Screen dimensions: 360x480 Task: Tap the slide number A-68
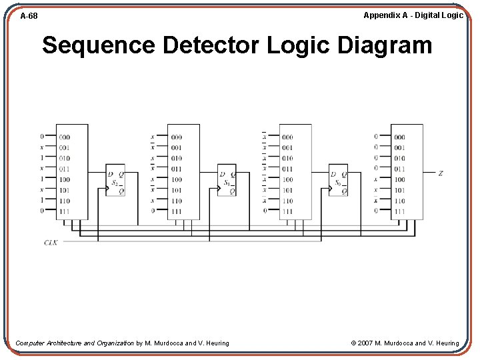(x=29, y=15)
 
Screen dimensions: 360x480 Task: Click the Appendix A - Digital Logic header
(x=413, y=15)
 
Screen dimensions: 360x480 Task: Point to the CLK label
(x=51, y=242)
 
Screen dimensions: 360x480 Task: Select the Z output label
(x=441, y=173)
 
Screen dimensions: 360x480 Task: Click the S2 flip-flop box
(x=115, y=180)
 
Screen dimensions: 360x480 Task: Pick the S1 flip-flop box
(x=227, y=180)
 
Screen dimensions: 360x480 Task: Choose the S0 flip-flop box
(x=339, y=180)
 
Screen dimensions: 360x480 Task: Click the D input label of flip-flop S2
(x=110, y=175)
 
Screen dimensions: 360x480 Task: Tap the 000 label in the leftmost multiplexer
(x=64, y=137)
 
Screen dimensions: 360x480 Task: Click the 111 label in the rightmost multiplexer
(x=399, y=211)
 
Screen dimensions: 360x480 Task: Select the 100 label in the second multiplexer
(x=176, y=179)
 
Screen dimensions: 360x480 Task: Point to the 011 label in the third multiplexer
(x=287, y=169)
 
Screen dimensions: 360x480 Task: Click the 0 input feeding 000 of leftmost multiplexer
(x=41, y=137)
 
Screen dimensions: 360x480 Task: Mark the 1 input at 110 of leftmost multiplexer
(x=41, y=201)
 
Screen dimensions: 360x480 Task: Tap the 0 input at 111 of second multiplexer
(x=153, y=211)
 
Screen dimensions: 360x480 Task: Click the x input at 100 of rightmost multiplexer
(x=376, y=179)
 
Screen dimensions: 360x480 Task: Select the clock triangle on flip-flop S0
(x=331, y=188)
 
